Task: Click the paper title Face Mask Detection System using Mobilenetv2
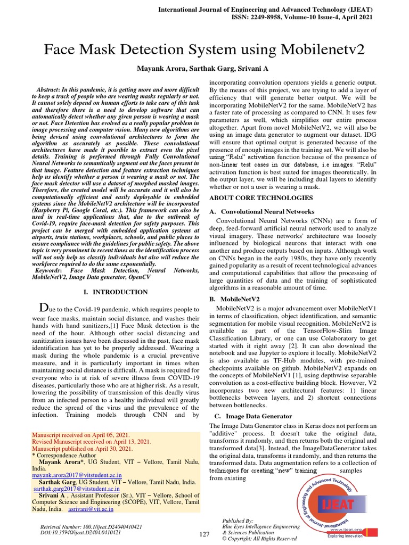click(x=204, y=49)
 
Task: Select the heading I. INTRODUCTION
click(x=116, y=292)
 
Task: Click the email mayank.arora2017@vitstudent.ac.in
click(x=77, y=474)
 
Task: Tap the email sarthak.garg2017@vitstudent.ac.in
click(x=79, y=488)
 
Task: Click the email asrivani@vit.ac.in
click(x=91, y=509)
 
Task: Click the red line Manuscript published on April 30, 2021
click(x=83, y=449)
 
